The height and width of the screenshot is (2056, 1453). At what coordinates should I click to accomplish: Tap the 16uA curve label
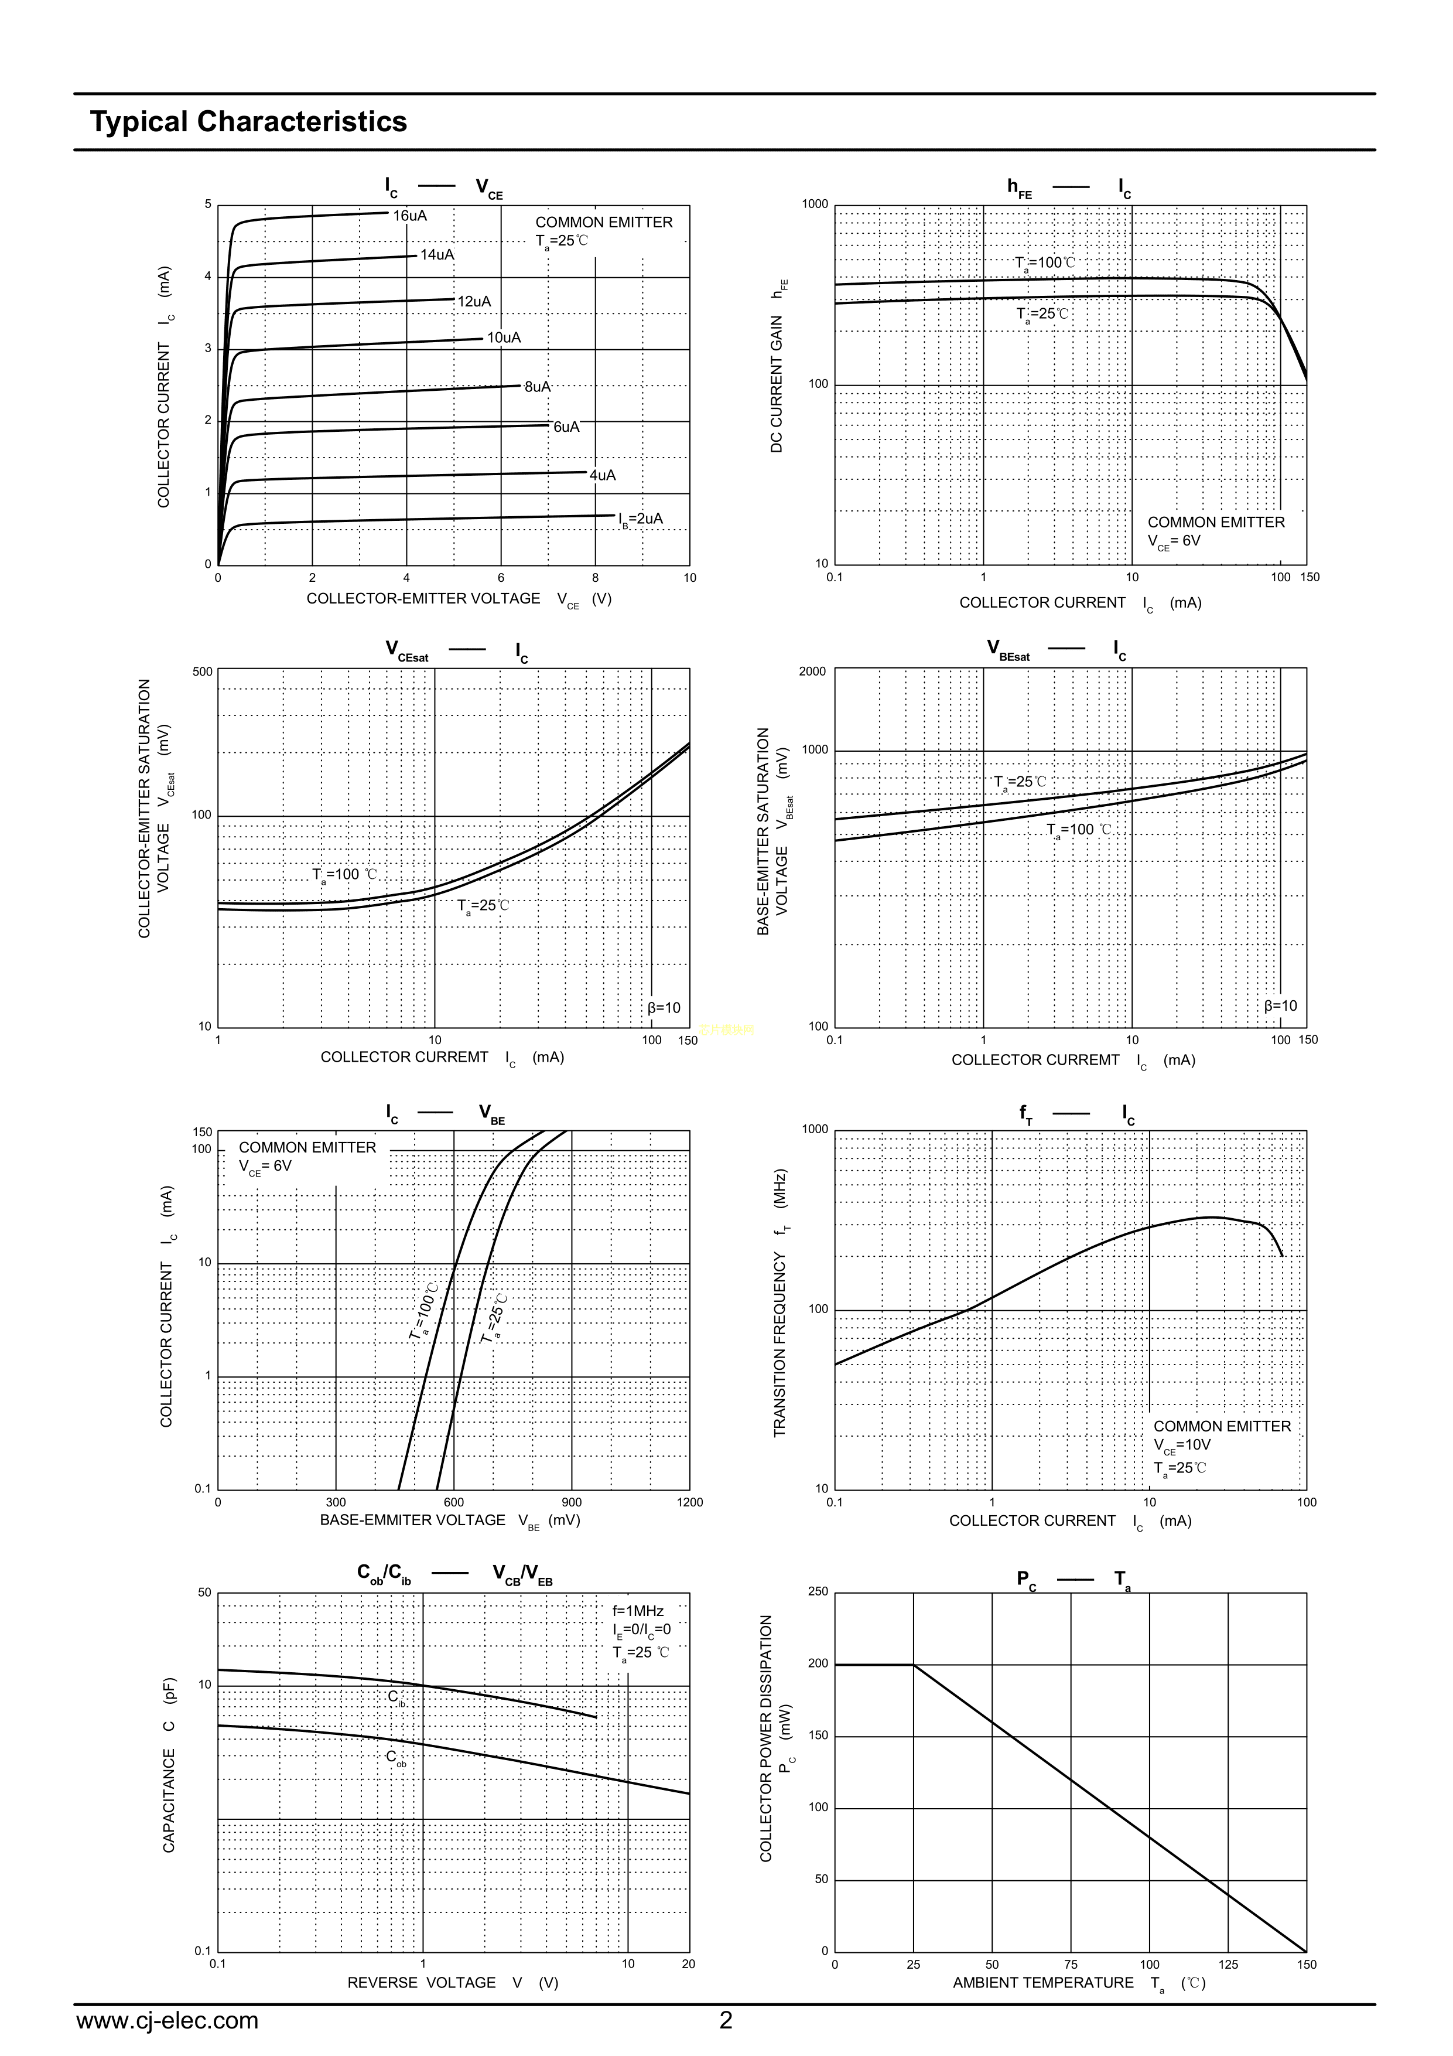point(410,216)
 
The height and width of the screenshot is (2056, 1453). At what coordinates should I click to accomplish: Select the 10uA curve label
point(504,337)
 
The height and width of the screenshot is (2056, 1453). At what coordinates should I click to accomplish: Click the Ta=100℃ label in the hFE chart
point(1045,263)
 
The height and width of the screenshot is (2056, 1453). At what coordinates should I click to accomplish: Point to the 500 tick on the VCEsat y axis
point(202,671)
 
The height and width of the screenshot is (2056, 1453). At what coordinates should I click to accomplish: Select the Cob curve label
point(396,1758)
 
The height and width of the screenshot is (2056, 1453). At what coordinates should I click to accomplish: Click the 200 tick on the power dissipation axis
point(818,1664)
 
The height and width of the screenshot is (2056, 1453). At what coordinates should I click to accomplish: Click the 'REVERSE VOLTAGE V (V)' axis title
point(452,1983)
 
